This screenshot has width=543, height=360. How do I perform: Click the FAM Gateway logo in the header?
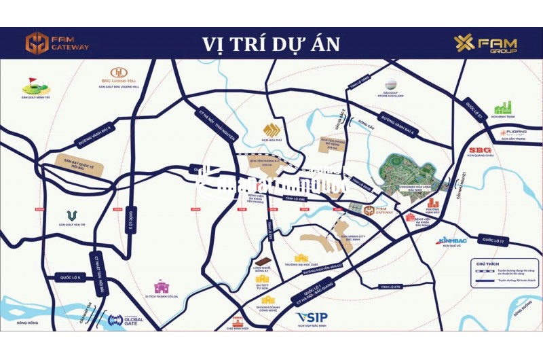pyautogui.click(x=57, y=43)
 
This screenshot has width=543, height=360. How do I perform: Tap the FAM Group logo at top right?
pyautogui.click(x=485, y=43)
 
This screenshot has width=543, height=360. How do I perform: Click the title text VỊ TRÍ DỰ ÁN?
pyautogui.click(x=271, y=44)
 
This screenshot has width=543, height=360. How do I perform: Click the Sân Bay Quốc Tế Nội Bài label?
pyautogui.click(x=72, y=165)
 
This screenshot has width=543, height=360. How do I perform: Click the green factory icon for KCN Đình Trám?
pyautogui.click(x=502, y=107)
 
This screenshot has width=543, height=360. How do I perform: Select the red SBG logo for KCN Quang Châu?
pyautogui.click(x=480, y=151)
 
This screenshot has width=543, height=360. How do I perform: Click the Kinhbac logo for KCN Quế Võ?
pyautogui.click(x=452, y=240)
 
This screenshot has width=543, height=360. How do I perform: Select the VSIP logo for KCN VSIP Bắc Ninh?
pyautogui.click(x=312, y=318)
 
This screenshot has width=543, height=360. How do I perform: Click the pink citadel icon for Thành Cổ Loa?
pyautogui.click(x=162, y=286)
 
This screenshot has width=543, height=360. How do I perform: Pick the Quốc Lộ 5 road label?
pyautogui.click(x=70, y=277)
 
